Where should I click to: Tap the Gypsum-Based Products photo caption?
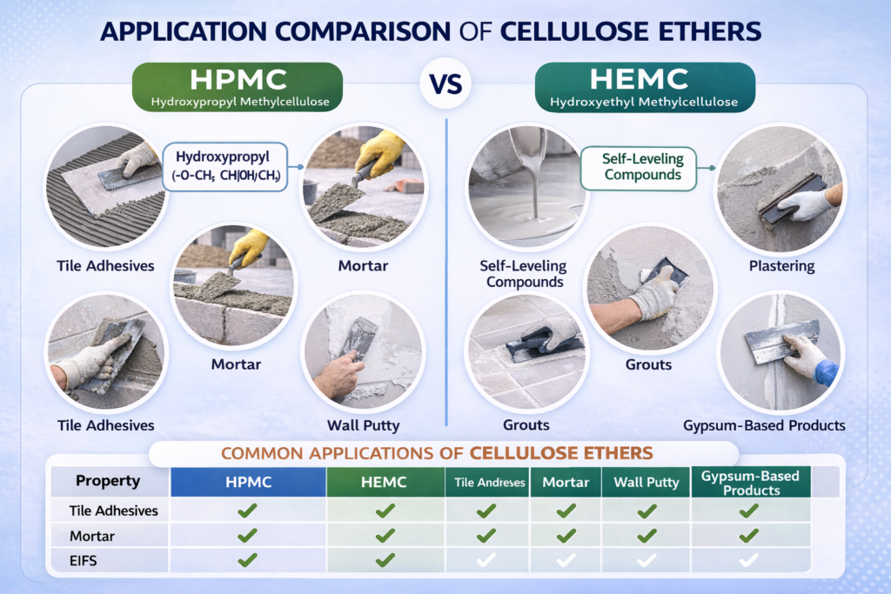coord(764,425)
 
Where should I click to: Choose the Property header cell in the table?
coord(108,481)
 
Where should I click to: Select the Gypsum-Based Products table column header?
coord(749,482)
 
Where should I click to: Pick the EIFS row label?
coord(84,561)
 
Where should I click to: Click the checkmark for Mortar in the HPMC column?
coord(247,535)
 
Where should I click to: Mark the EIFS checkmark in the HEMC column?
coord(385,561)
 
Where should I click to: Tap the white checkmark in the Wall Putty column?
coord(646,562)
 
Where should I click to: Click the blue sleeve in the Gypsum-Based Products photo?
coord(827,372)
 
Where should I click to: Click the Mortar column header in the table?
coord(566,482)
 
